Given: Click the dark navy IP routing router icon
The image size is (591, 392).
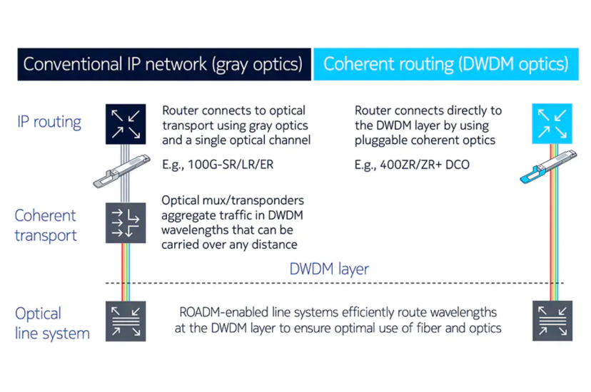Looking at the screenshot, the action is [x=126, y=124].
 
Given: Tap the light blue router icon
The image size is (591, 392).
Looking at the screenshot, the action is [x=552, y=124].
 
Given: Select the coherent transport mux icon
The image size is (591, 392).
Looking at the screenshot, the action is [x=126, y=222].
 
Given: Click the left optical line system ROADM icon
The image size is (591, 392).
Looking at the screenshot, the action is [x=126, y=321].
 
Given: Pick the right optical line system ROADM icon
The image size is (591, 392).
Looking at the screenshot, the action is [x=552, y=321].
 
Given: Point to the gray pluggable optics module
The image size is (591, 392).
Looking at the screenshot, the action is [x=121, y=171].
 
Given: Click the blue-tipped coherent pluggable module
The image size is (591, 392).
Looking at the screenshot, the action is [x=548, y=167].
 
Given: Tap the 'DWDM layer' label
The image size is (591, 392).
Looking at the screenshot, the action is [x=329, y=269].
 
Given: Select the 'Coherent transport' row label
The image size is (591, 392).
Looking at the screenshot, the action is [x=46, y=225].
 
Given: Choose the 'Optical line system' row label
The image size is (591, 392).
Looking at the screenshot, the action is [x=52, y=324].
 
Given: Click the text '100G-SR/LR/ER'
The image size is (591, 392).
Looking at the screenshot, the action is [x=231, y=165].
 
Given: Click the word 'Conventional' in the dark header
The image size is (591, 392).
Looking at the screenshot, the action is [x=73, y=64].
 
